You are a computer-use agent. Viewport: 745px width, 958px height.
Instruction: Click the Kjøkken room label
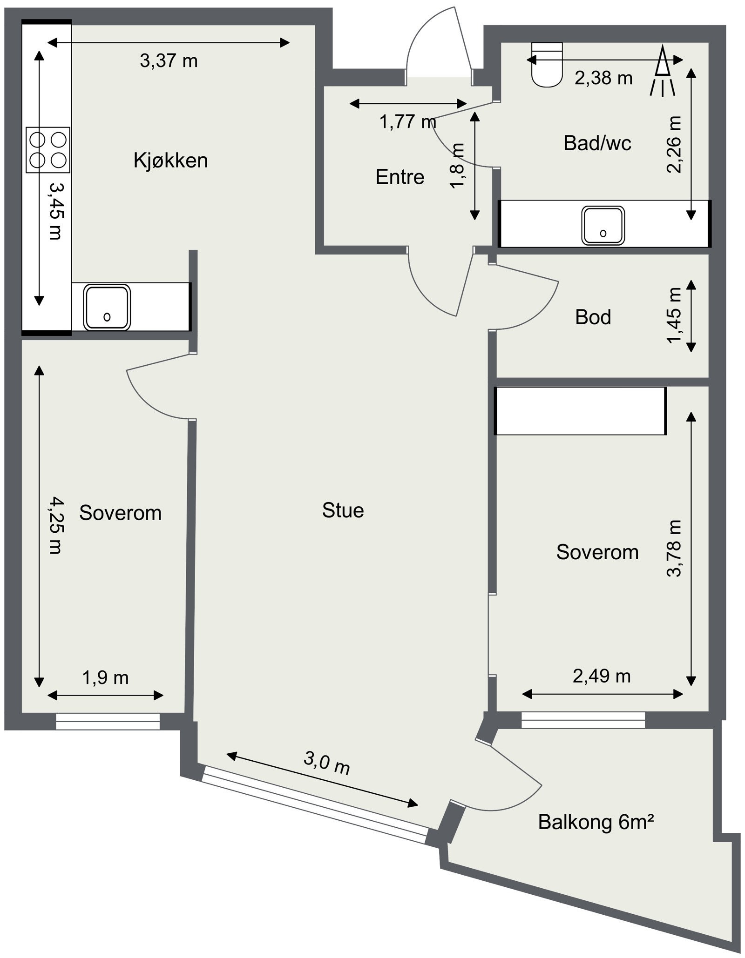[170, 161]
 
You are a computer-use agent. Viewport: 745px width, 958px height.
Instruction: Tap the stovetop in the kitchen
[48, 150]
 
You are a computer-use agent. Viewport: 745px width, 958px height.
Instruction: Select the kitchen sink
[107, 308]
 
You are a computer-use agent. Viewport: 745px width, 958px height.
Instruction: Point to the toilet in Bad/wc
[547, 65]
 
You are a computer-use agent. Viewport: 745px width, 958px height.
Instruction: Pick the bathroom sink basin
[603, 226]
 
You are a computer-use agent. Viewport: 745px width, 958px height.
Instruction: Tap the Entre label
[400, 177]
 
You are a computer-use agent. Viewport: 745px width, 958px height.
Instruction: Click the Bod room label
[593, 317]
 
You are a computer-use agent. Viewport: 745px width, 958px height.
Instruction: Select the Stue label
[343, 510]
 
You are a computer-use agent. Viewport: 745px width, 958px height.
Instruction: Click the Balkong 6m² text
[596, 822]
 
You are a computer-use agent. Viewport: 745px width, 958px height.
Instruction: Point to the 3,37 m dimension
[169, 61]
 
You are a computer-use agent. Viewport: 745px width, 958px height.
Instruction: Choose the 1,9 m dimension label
[106, 678]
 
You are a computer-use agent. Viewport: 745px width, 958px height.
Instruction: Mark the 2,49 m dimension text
[602, 676]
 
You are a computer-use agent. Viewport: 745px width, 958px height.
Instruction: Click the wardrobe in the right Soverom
[580, 411]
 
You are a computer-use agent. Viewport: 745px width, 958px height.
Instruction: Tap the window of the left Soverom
[108, 721]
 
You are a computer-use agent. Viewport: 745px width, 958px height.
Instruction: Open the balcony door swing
[512, 782]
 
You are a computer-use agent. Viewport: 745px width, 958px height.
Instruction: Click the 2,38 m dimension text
[603, 78]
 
